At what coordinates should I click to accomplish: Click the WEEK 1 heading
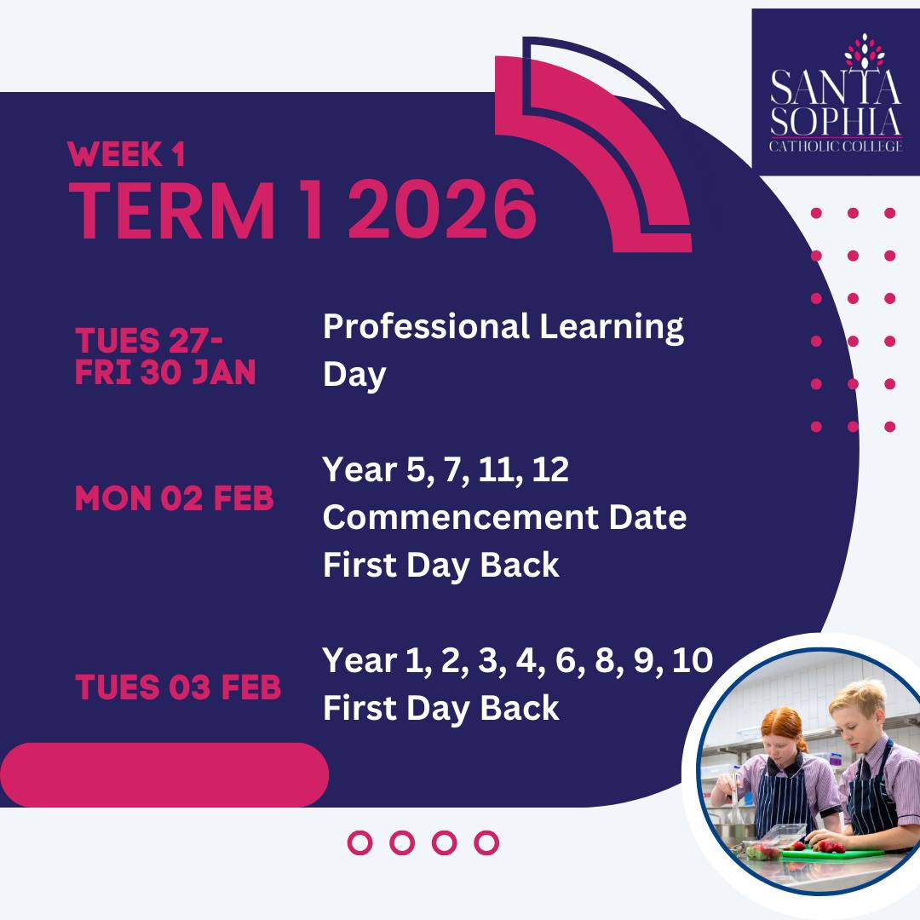pos(127,154)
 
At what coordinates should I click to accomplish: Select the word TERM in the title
pos(172,210)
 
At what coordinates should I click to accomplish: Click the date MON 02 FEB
pos(175,498)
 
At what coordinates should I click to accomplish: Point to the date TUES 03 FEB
pos(178,687)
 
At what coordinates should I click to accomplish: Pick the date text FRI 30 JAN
pos(165,372)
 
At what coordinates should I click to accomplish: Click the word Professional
pos(426,326)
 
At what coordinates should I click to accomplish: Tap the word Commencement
pos(461,517)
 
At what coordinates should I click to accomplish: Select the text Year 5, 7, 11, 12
pos(446,469)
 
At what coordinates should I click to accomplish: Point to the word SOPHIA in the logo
pos(836,122)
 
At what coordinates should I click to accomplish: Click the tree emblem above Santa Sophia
pos(865,50)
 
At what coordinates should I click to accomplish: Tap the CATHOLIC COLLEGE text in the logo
pos(836,147)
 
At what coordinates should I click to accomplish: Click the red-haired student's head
pos(783,733)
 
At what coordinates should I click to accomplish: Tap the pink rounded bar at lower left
pos(164,774)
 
